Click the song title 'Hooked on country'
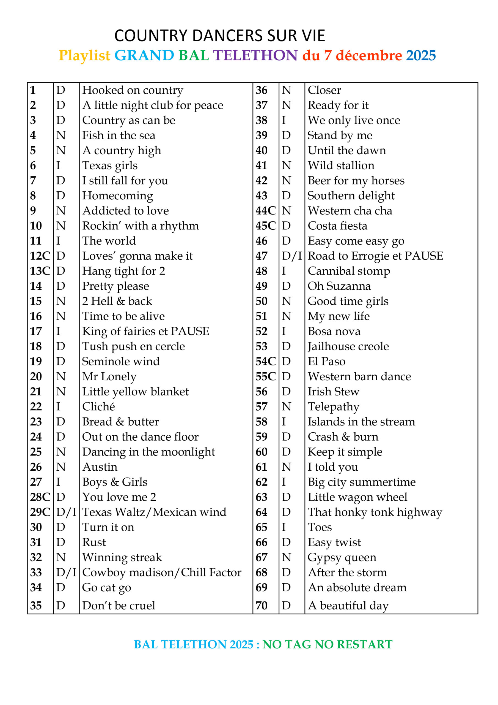pyautogui.click(x=133, y=90)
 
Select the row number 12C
pyautogui.click(x=40, y=256)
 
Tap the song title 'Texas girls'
pyautogui.click(x=110, y=166)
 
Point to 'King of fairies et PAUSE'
pyautogui.click(x=145, y=331)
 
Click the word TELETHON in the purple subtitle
pyautogui.click(x=255, y=56)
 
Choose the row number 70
pyautogui.click(x=262, y=606)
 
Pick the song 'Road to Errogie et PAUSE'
pyautogui.click(x=375, y=256)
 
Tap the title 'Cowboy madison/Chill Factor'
pyautogui.click(x=162, y=572)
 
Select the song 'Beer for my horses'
pyautogui.click(x=356, y=181)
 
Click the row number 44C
pyautogui.click(x=266, y=211)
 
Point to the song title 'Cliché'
pyautogui.click(x=98, y=406)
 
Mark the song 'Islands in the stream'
pyautogui.click(x=361, y=422)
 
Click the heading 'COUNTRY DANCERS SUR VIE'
pyautogui.click(x=219, y=36)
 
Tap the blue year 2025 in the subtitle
pyautogui.click(x=421, y=56)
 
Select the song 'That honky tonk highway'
pyautogui.click(x=375, y=512)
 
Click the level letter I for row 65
pyautogui.click(x=284, y=527)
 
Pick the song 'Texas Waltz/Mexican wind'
pyautogui.click(x=154, y=512)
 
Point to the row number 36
pyautogui.click(x=262, y=90)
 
